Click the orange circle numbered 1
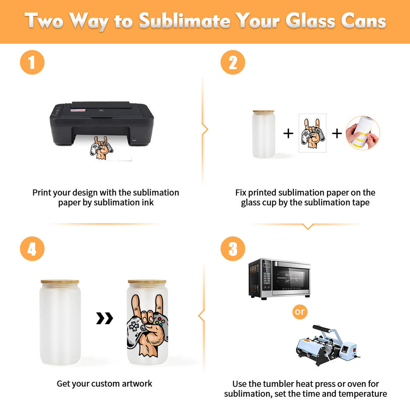(32, 62)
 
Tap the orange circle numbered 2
(233, 62)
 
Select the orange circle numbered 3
(233, 249)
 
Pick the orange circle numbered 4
(32, 249)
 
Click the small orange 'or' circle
(300, 312)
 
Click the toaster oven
(279, 279)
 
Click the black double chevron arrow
(105, 318)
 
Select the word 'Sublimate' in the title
(184, 21)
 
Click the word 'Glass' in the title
(310, 20)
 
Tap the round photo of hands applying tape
(363, 133)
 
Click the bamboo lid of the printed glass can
(147, 282)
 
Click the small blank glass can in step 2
(264, 134)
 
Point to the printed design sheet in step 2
(313, 133)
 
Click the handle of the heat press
(323, 329)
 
